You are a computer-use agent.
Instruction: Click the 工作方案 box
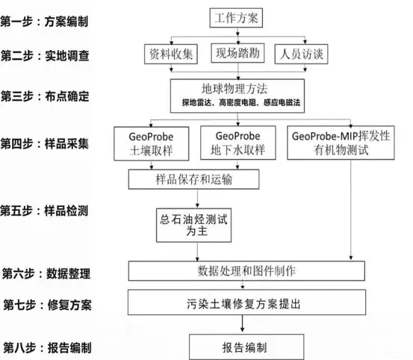pos(236,18)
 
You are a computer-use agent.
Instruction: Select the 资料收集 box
pos(171,54)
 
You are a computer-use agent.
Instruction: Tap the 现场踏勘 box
pos(237,53)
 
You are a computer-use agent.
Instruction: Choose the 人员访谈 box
pos(301,54)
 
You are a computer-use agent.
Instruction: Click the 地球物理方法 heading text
pos(235,89)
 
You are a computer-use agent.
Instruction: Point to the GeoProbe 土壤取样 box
pos(151,143)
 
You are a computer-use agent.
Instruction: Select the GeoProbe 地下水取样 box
pos(237,143)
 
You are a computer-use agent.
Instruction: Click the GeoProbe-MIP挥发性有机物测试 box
pos(341,143)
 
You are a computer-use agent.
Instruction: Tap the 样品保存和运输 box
pos(193,179)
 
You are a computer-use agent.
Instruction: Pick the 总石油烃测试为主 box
pos(193,225)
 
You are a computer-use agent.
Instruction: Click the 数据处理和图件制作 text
pos(246,270)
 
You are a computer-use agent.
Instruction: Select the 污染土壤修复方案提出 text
pos(243,304)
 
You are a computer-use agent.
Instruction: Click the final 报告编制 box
pos(246,347)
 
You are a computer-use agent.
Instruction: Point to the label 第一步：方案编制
pos(44,22)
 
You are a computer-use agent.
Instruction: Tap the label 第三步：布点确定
pos(45,96)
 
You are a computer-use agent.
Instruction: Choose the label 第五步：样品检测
pos(44,211)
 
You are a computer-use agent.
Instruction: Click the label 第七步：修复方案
pos(47,305)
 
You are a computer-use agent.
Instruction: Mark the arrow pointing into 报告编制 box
pos(242,323)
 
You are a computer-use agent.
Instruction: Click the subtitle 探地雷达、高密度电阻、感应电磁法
pos(241,102)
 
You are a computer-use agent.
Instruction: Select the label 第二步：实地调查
pos(45,56)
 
